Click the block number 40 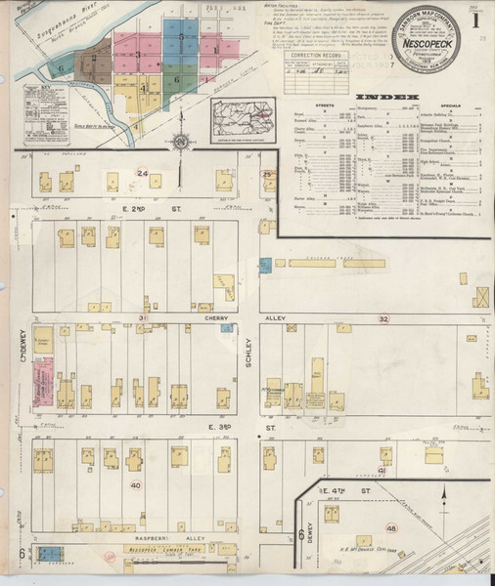tap(135, 485)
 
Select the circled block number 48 tap(392, 528)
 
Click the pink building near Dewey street tap(43, 380)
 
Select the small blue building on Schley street tap(264, 264)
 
